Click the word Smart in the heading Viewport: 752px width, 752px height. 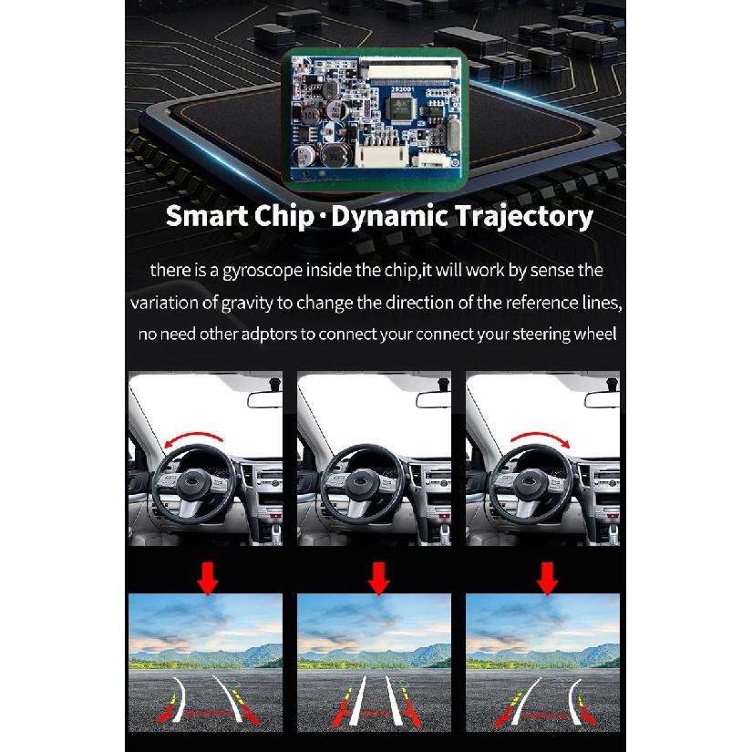click(207, 216)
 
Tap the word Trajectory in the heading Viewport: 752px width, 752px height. click(524, 217)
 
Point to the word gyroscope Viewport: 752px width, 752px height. click(263, 272)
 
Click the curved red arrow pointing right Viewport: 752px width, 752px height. click(541, 438)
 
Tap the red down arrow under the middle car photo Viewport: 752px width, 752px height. click(378, 579)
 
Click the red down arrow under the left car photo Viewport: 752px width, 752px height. click(208, 579)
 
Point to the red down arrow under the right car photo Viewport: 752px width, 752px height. click(547, 579)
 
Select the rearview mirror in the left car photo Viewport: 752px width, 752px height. click(264, 399)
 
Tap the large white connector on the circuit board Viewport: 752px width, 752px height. click(382, 154)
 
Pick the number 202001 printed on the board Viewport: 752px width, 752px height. click(402, 89)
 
